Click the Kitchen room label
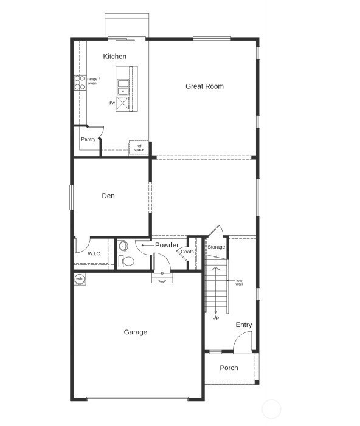pos(114,57)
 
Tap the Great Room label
pos(204,86)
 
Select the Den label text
pos(108,196)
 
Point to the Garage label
pos(135,332)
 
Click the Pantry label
pos(88,139)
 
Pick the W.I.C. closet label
pos(94,253)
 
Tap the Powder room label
pos(167,245)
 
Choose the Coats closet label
pos(187,252)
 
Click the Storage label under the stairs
pos(216,247)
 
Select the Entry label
pos(244,325)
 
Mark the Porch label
pos(229,368)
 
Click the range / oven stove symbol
pos(80,83)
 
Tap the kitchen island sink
pos(123,87)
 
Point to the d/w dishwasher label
pos(112,103)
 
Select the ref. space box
pos(139,148)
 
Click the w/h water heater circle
pos(79,279)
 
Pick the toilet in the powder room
pos(126,261)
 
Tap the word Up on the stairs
pos(215,317)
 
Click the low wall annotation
pos(239,282)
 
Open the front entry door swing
pos(243,343)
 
